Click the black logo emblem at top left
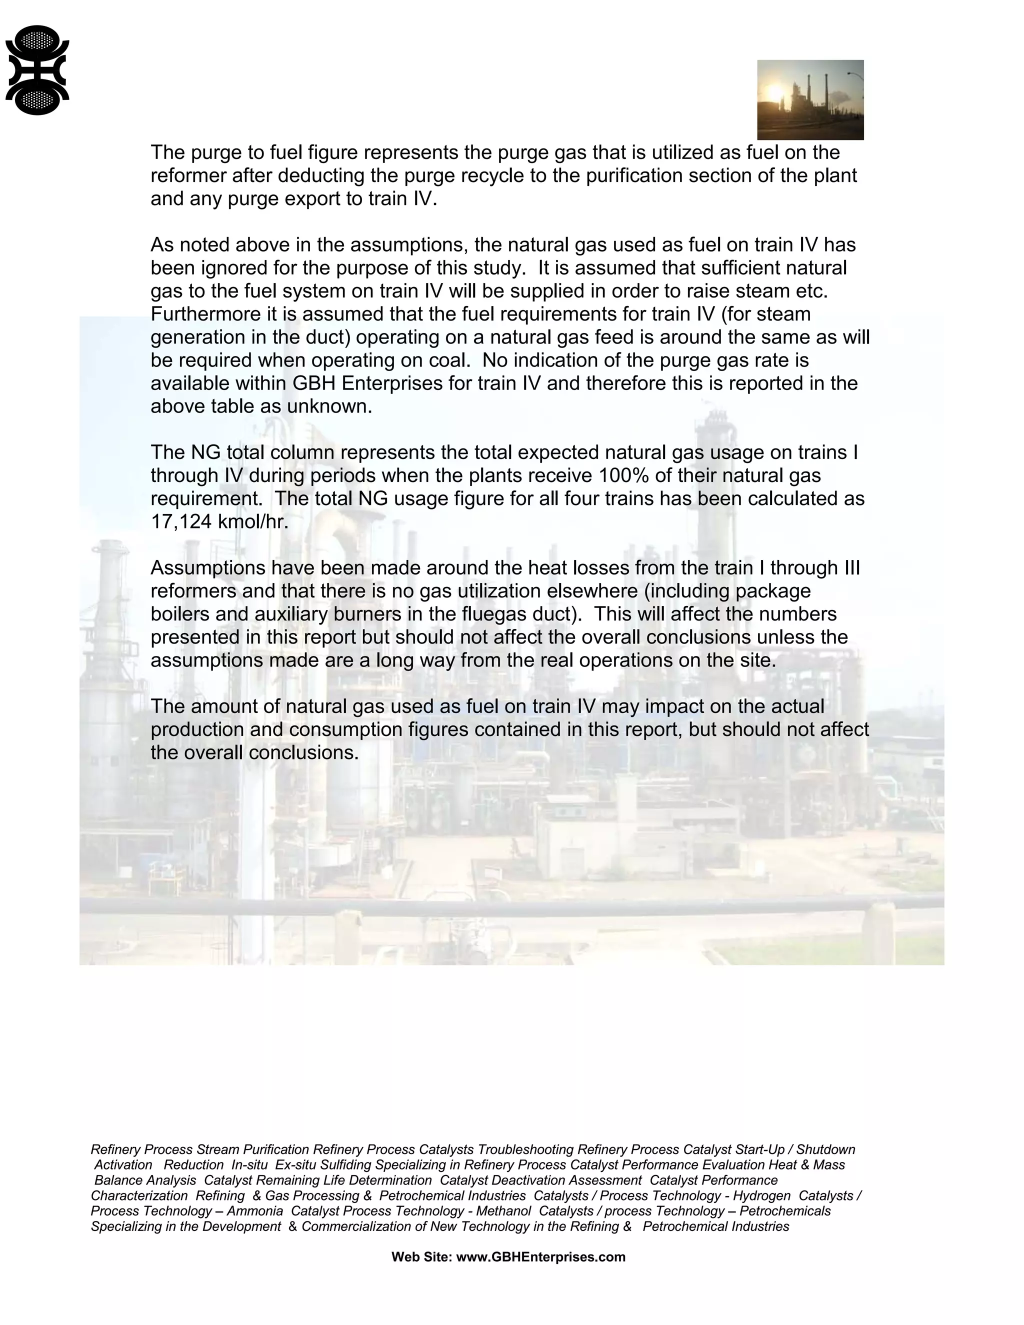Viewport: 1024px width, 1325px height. [x=37, y=70]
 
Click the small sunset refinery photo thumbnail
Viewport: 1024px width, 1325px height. [x=810, y=99]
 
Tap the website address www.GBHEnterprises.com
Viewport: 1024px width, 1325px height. [x=540, y=1257]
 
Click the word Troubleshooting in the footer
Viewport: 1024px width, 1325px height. [x=525, y=1149]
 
